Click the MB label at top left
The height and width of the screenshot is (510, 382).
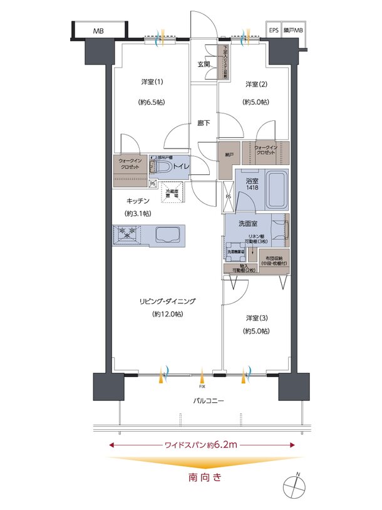[x=98, y=31]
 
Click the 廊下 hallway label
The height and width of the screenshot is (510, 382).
[x=204, y=123]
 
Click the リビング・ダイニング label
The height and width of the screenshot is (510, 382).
[x=167, y=301]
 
